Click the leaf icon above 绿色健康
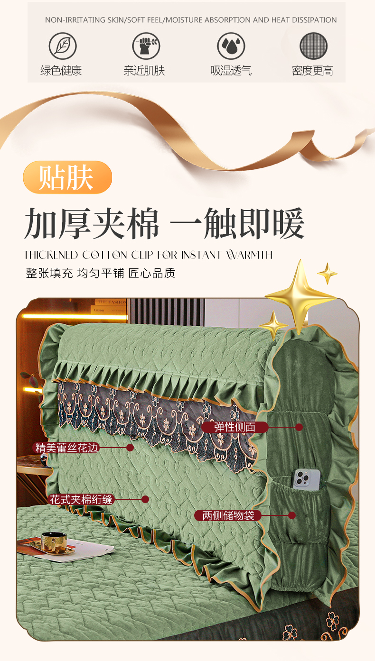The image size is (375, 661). click(x=63, y=46)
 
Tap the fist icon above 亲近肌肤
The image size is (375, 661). click(x=146, y=46)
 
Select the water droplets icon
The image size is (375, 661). click(x=231, y=46)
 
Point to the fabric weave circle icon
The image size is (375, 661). click(x=314, y=46)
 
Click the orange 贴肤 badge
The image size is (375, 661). click(x=67, y=177)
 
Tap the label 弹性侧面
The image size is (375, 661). click(x=234, y=427)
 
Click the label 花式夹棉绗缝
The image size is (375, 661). click(x=81, y=499)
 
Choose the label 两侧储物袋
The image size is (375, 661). click(x=228, y=515)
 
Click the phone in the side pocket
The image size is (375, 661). click(x=307, y=479)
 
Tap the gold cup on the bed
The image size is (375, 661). click(x=54, y=542)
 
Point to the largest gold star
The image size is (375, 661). click(x=300, y=296)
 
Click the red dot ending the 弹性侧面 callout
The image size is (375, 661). click(x=299, y=427)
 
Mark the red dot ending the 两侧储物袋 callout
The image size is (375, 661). click(x=292, y=515)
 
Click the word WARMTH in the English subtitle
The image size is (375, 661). click(x=249, y=255)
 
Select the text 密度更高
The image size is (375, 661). click(x=312, y=71)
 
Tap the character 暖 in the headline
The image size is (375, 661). click(x=289, y=223)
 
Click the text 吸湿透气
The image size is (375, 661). click(x=231, y=71)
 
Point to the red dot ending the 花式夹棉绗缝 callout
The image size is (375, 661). click(x=145, y=499)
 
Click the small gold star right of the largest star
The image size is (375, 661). click(x=328, y=274)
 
